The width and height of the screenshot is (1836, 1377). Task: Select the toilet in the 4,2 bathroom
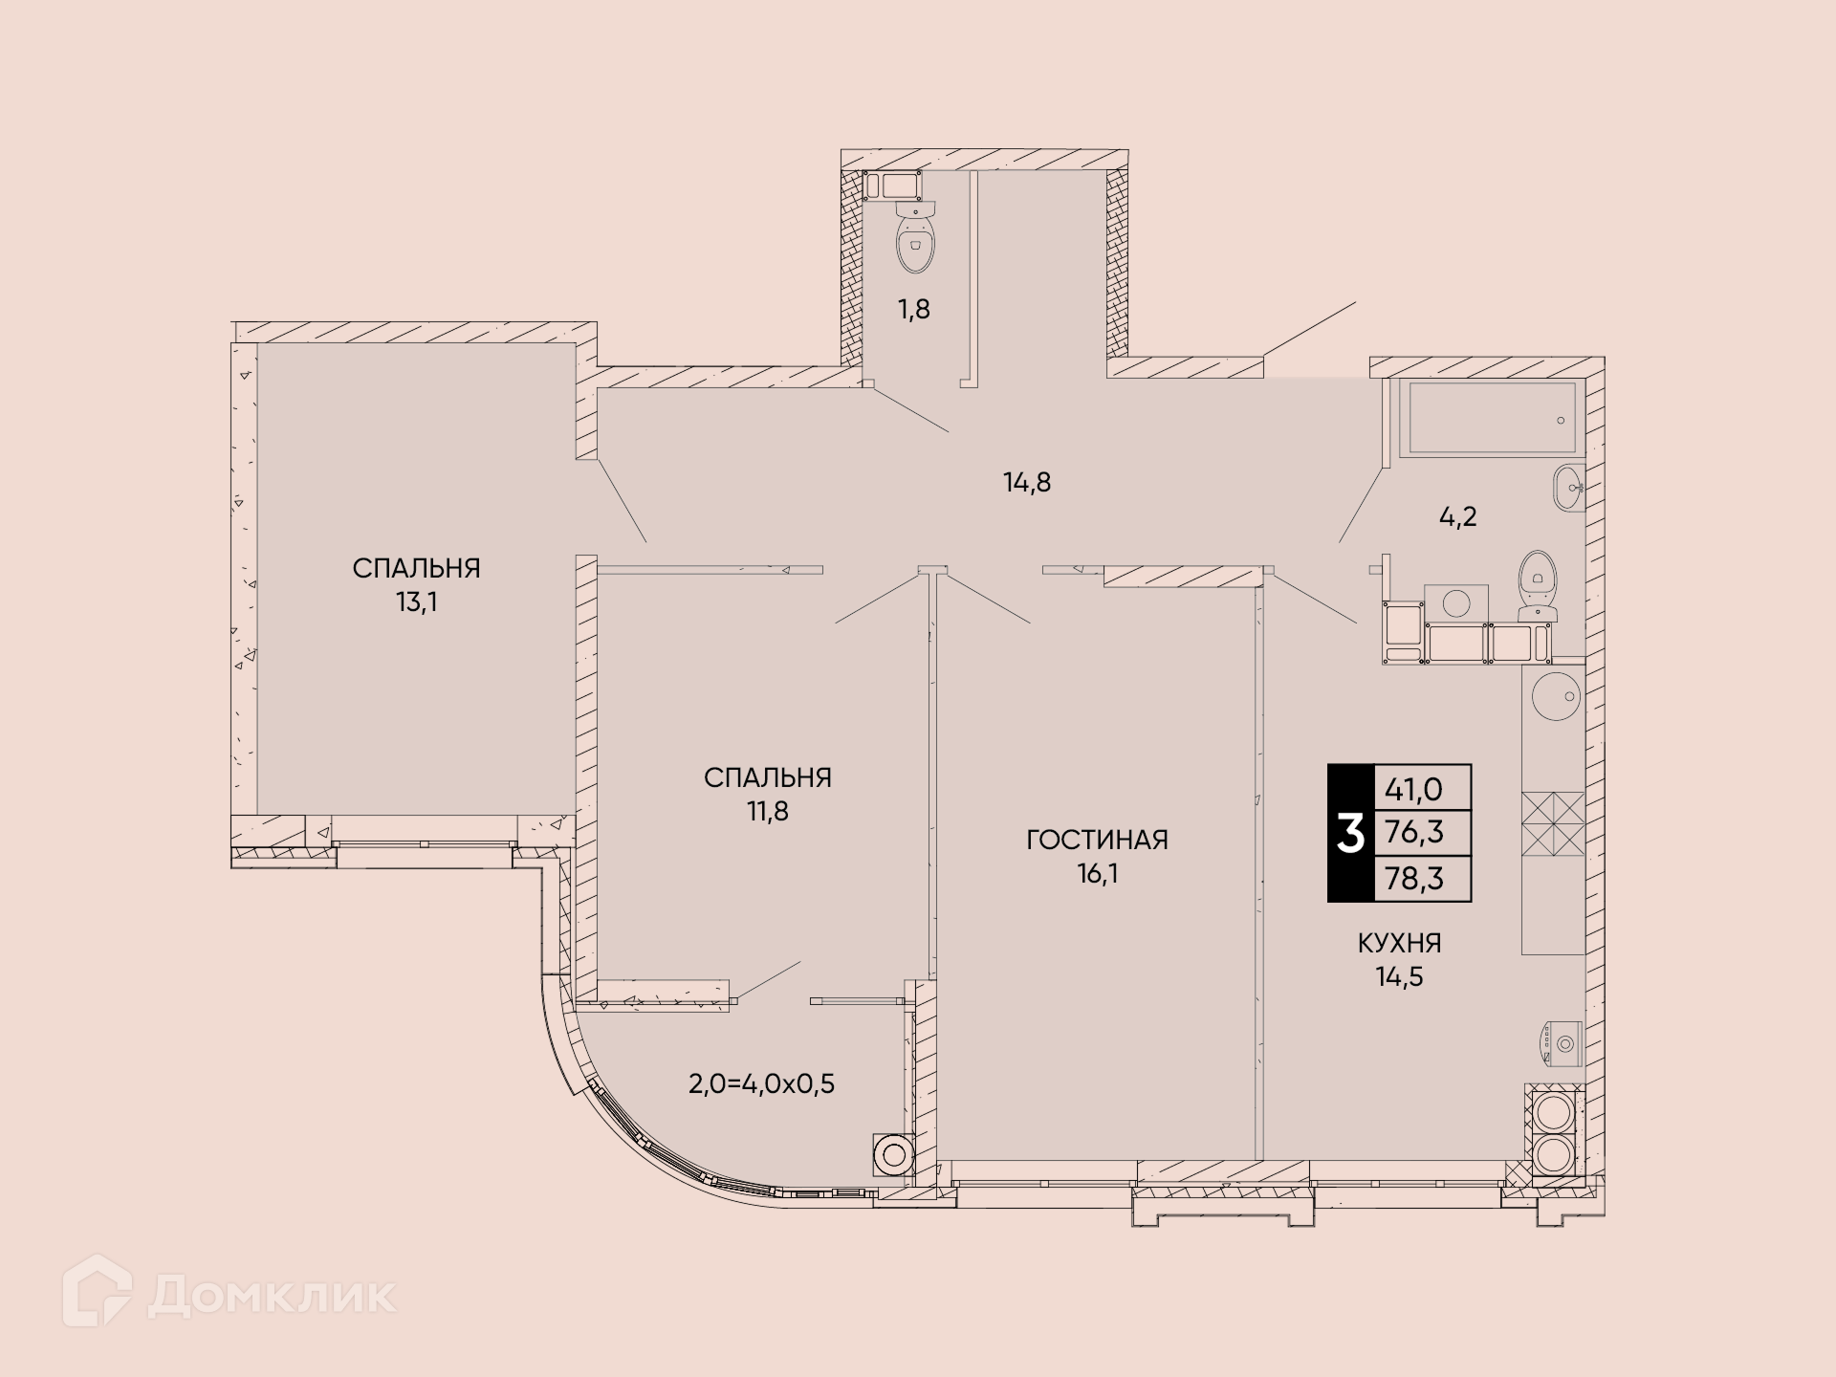pos(1538,583)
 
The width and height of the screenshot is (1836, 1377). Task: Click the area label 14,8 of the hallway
pos(1027,483)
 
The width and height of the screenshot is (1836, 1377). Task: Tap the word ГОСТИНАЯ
pos(1097,841)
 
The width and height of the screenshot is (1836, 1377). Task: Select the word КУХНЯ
pos(1399,944)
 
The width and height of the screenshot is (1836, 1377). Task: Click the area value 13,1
pos(417,602)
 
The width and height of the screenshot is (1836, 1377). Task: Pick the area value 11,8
pos(768,812)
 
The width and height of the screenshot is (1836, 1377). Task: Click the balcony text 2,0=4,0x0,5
pos(761,1084)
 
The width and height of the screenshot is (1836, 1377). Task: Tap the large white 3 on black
pos(1350,834)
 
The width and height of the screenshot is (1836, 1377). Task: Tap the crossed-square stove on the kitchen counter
pos(1553,823)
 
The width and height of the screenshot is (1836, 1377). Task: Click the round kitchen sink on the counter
pos(1555,695)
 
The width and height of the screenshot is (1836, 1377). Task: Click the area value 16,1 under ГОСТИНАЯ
pos(1097,874)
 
